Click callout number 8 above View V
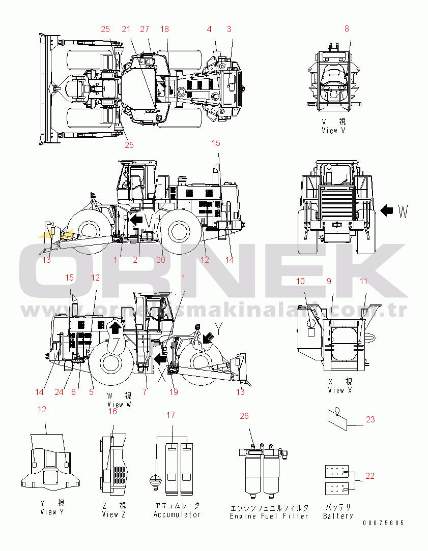[347, 29]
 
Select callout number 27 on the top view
[145, 29]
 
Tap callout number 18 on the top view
[164, 29]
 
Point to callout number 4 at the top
[209, 29]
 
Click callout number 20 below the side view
[161, 260]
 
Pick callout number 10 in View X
[301, 281]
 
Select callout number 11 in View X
[363, 281]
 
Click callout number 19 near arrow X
[174, 392]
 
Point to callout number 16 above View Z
[112, 411]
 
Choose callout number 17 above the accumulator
[170, 415]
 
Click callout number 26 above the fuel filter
[244, 416]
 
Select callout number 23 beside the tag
[370, 419]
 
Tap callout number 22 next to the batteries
[370, 476]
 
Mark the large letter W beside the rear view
[403, 211]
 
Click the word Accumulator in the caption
[177, 514]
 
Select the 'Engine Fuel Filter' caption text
[269, 516]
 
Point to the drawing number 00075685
[383, 523]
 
